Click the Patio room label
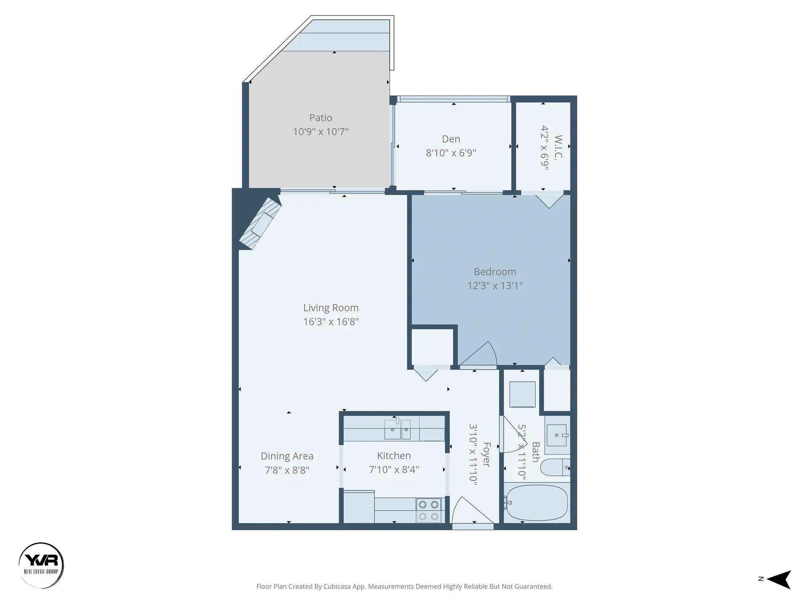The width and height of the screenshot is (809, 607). [x=321, y=118]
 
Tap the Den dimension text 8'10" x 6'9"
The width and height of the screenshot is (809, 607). [x=451, y=153]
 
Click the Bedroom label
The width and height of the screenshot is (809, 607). [x=495, y=272]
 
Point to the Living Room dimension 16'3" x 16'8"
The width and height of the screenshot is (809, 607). [x=331, y=322]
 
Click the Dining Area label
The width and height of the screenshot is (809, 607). [x=287, y=456]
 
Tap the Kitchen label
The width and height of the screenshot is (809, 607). [x=394, y=456]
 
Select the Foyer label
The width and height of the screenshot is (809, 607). [x=486, y=454]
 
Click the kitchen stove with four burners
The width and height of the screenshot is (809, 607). [x=429, y=510]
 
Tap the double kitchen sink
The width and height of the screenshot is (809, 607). [x=397, y=430]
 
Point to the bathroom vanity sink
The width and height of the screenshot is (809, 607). [x=557, y=435]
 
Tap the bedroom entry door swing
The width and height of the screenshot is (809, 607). [x=480, y=355]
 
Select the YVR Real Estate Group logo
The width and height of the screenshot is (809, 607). [x=41, y=565]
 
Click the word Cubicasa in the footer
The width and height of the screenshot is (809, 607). [x=335, y=586]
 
